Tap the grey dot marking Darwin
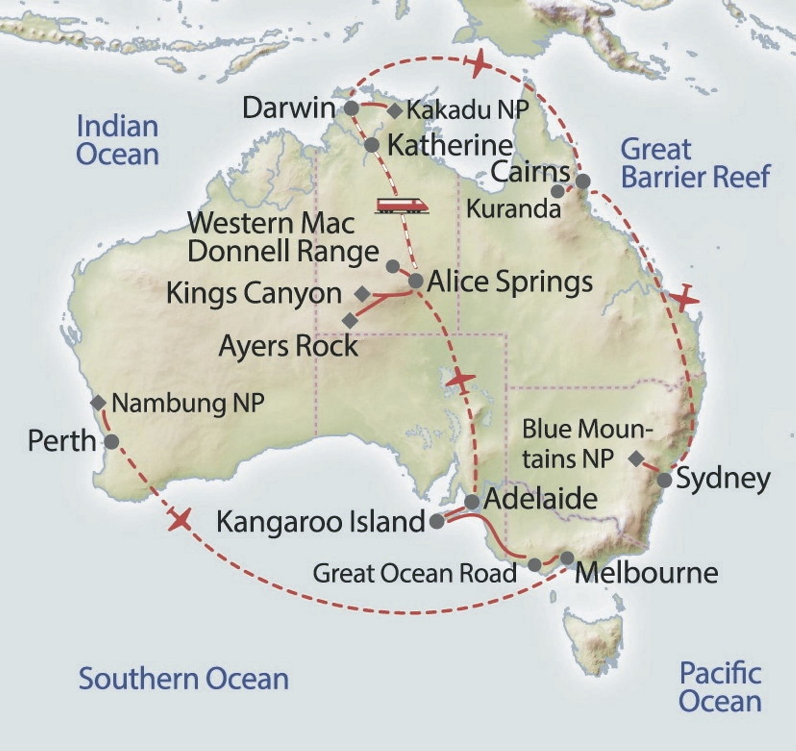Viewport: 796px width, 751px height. (x=352, y=109)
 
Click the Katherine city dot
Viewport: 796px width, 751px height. (x=372, y=145)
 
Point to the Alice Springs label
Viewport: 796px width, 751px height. (x=510, y=282)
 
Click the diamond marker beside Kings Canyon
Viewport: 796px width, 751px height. (x=363, y=294)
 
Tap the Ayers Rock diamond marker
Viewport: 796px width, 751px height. (x=350, y=320)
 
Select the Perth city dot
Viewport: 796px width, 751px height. (x=112, y=441)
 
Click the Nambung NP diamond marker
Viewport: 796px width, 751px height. (x=98, y=402)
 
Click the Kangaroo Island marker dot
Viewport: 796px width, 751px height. (x=437, y=521)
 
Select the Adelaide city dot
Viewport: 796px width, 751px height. (x=472, y=502)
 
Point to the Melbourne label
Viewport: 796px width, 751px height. (x=646, y=573)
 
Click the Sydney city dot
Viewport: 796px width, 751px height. (x=665, y=480)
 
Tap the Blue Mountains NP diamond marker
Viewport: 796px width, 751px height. (x=636, y=459)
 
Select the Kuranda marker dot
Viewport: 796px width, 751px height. (x=558, y=192)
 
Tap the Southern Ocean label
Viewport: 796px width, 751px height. (x=184, y=679)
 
